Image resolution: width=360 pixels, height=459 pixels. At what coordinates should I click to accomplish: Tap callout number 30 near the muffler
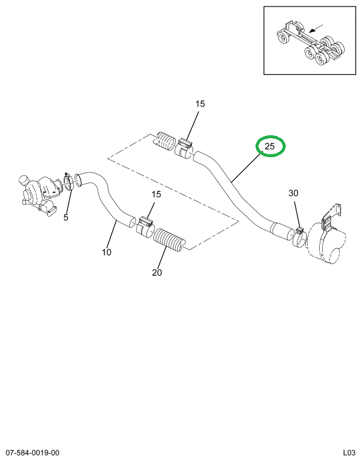pyautogui.click(x=293, y=193)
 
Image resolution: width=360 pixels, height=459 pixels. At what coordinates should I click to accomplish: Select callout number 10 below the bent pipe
pyautogui.click(x=106, y=252)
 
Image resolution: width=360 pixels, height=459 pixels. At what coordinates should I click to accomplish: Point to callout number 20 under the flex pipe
pyautogui.click(x=156, y=272)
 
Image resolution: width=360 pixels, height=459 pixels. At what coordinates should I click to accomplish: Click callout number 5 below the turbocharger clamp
pyautogui.click(x=66, y=217)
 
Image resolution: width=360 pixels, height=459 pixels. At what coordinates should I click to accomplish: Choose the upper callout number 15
pyautogui.click(x=200, y=104)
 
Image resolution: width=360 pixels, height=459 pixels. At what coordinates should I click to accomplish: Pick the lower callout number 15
pyautogui.click(x=156, y=194)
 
